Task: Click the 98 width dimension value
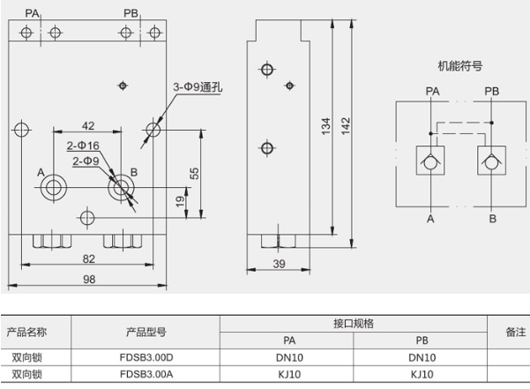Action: coord(88,279)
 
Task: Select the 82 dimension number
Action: coord(88,258)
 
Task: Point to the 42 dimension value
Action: coord(87,126)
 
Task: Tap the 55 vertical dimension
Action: coord(195,174)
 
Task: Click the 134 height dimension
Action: coord(326,129)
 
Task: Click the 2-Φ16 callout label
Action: coord(83,146)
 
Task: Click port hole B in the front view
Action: coord(120,187)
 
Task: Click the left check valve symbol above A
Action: coord(431,161)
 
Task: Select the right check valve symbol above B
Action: coord(491,161)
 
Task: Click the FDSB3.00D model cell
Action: coord(145,357)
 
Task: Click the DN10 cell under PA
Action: coord(287,357)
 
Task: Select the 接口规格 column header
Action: coord(355,324)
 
